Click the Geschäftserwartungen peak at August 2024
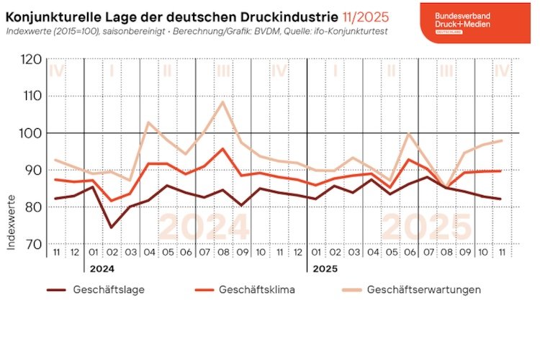pyautogui.click(x=223, y=102)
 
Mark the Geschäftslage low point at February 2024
pyautogui.click(x=112, y=228)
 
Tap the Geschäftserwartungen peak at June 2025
pyautogui.click(x=410, y=133)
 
